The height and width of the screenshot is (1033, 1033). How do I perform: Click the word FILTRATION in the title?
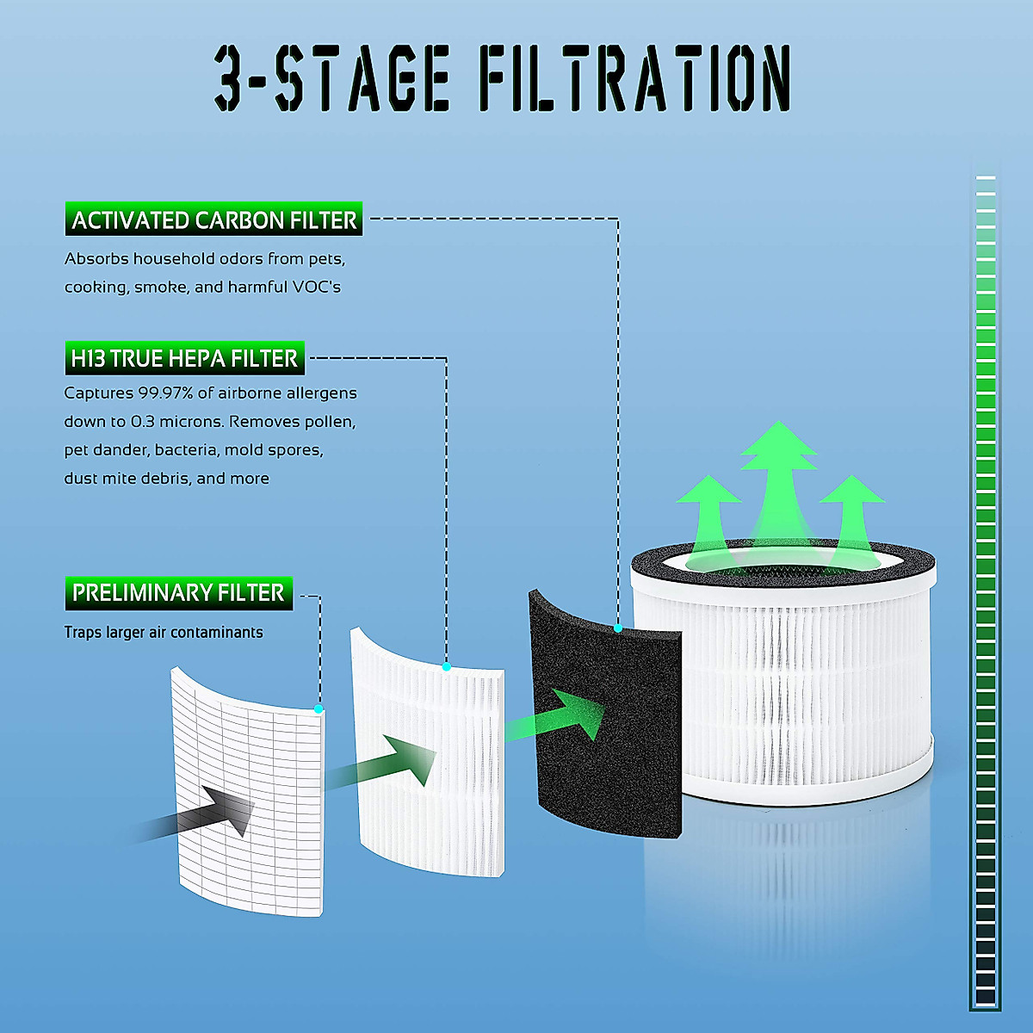(x=634, y=78)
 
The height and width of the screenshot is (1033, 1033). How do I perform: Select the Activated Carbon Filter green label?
(x=213, y=220)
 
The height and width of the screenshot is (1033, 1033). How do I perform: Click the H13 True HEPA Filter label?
(x=184, y=358)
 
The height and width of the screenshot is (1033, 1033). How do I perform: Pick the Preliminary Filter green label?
(x=178, y=593)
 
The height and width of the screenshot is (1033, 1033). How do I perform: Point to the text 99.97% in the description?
(x=164, y=393)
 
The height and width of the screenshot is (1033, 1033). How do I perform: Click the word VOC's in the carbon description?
(x=316, y=287)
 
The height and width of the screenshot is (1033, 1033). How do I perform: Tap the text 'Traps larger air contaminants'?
(x=164, y=633)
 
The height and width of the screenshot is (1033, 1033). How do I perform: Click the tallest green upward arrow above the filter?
(x=778, y=482)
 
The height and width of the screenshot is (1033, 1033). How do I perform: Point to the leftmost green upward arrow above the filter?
(x=708, y=516)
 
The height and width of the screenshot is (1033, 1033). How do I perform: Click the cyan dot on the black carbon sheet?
(x=618, y=628)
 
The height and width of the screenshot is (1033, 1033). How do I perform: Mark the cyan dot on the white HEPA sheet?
(x=446, y=667)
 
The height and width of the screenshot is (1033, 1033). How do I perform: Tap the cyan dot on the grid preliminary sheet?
(x=319, y=709)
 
